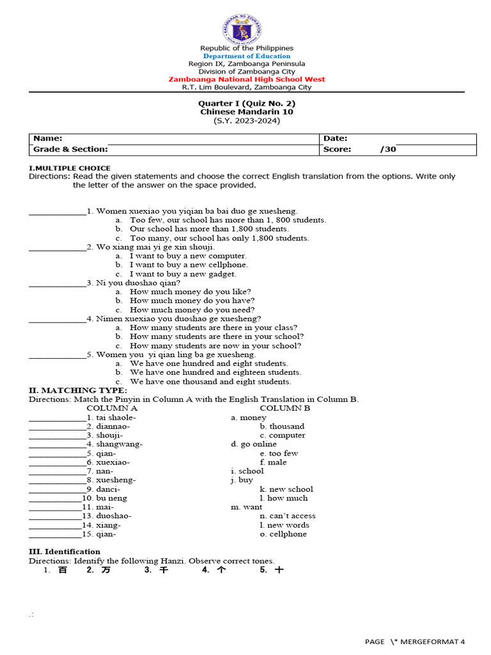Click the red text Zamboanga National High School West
click(246, 79)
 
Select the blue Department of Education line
click(246, 56)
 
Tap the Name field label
click(48, 139)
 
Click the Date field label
click(336, 139)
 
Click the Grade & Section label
click(70, 150)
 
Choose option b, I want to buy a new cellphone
click(189, 265)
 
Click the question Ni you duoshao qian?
click(138, 283)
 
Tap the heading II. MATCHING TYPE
click(78, 390)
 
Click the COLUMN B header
click(284, 408)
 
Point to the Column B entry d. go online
click(254, 444)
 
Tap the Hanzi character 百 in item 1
click(63, 570)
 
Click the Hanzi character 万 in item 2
click(106, 570)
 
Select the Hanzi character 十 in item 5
click(279, 570)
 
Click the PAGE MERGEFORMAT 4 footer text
click(415, 642)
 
